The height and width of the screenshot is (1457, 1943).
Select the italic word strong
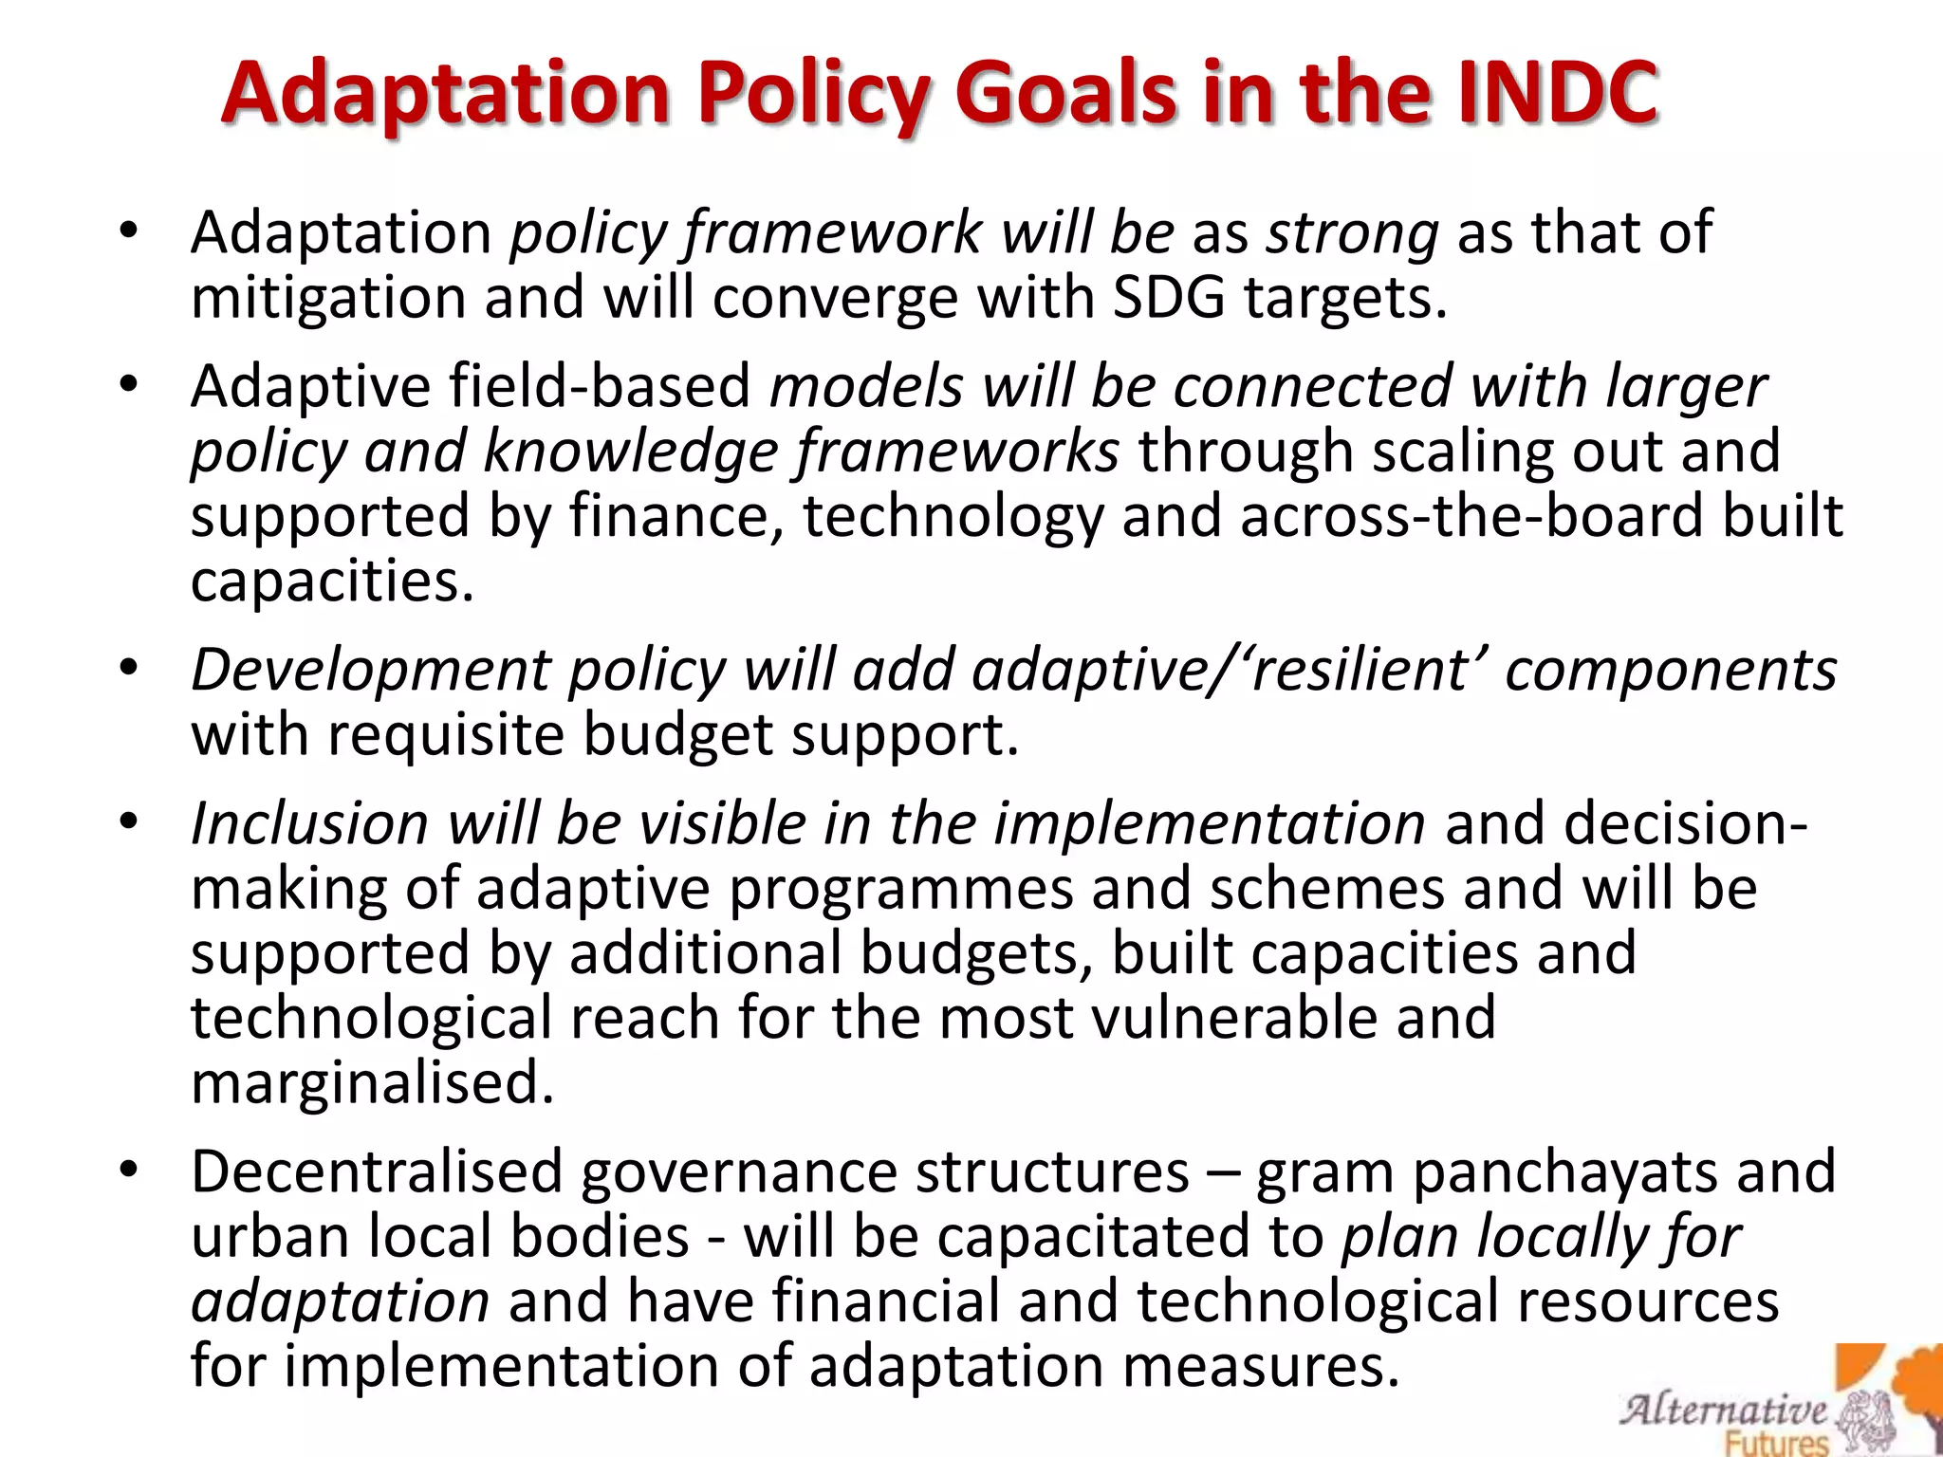1353,233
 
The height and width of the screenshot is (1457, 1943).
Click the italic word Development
371,670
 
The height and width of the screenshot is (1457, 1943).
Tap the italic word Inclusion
309,823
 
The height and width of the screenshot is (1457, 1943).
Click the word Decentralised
377,1172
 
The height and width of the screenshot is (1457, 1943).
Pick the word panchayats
1564,1172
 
